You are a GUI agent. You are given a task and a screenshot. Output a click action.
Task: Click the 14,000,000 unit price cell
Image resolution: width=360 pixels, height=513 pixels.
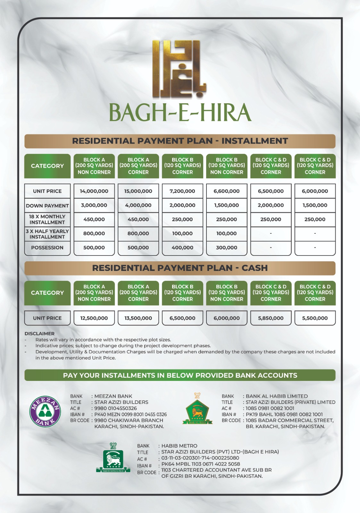click(x=94, y=191)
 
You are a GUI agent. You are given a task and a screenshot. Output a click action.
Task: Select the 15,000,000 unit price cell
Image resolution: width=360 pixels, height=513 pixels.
click(x=138, y=191)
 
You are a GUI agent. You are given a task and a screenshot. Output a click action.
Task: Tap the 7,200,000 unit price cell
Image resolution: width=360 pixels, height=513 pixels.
click(x=182, y=191)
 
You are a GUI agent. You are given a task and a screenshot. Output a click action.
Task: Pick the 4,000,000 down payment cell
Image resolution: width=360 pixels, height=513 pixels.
click(x=138, y=205)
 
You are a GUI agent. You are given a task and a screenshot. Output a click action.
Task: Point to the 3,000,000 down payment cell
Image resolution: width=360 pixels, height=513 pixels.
click(x=94, y=205)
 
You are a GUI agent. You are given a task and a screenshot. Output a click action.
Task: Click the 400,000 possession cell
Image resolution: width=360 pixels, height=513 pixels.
click(x=182, y=248)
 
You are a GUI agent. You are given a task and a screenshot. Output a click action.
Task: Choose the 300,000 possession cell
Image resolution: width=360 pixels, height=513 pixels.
click(x=227, y=248)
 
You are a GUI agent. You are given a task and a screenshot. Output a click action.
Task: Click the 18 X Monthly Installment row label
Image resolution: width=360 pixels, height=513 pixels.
click(x=47, y=220)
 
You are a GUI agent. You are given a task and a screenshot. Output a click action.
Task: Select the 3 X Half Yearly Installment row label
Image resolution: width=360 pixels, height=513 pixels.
click(x=47, y=234)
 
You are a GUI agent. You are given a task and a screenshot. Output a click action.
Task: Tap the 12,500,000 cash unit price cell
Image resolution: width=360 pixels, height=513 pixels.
click(x=94, y=318)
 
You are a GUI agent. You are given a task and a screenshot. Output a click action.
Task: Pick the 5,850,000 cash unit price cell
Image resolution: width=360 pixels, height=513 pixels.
click(x=271, y=318)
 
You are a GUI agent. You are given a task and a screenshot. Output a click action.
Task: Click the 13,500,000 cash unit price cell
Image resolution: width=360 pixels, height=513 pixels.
click(x=138, y=318)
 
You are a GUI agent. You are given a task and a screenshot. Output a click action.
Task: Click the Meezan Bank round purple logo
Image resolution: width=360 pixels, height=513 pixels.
click(x=45, y=411)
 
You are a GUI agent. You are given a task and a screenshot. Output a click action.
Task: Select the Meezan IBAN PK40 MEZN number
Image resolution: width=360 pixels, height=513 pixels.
click(x=130, y=414)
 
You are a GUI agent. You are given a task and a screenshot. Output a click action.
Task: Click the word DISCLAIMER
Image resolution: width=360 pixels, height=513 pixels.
click(x=39, y=333)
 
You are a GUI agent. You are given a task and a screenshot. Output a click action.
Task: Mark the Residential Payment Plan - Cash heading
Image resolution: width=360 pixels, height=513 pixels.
click(x=180, y=268)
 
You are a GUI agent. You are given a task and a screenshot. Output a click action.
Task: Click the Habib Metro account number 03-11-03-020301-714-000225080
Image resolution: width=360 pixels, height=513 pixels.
click(x=200, y=458)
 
